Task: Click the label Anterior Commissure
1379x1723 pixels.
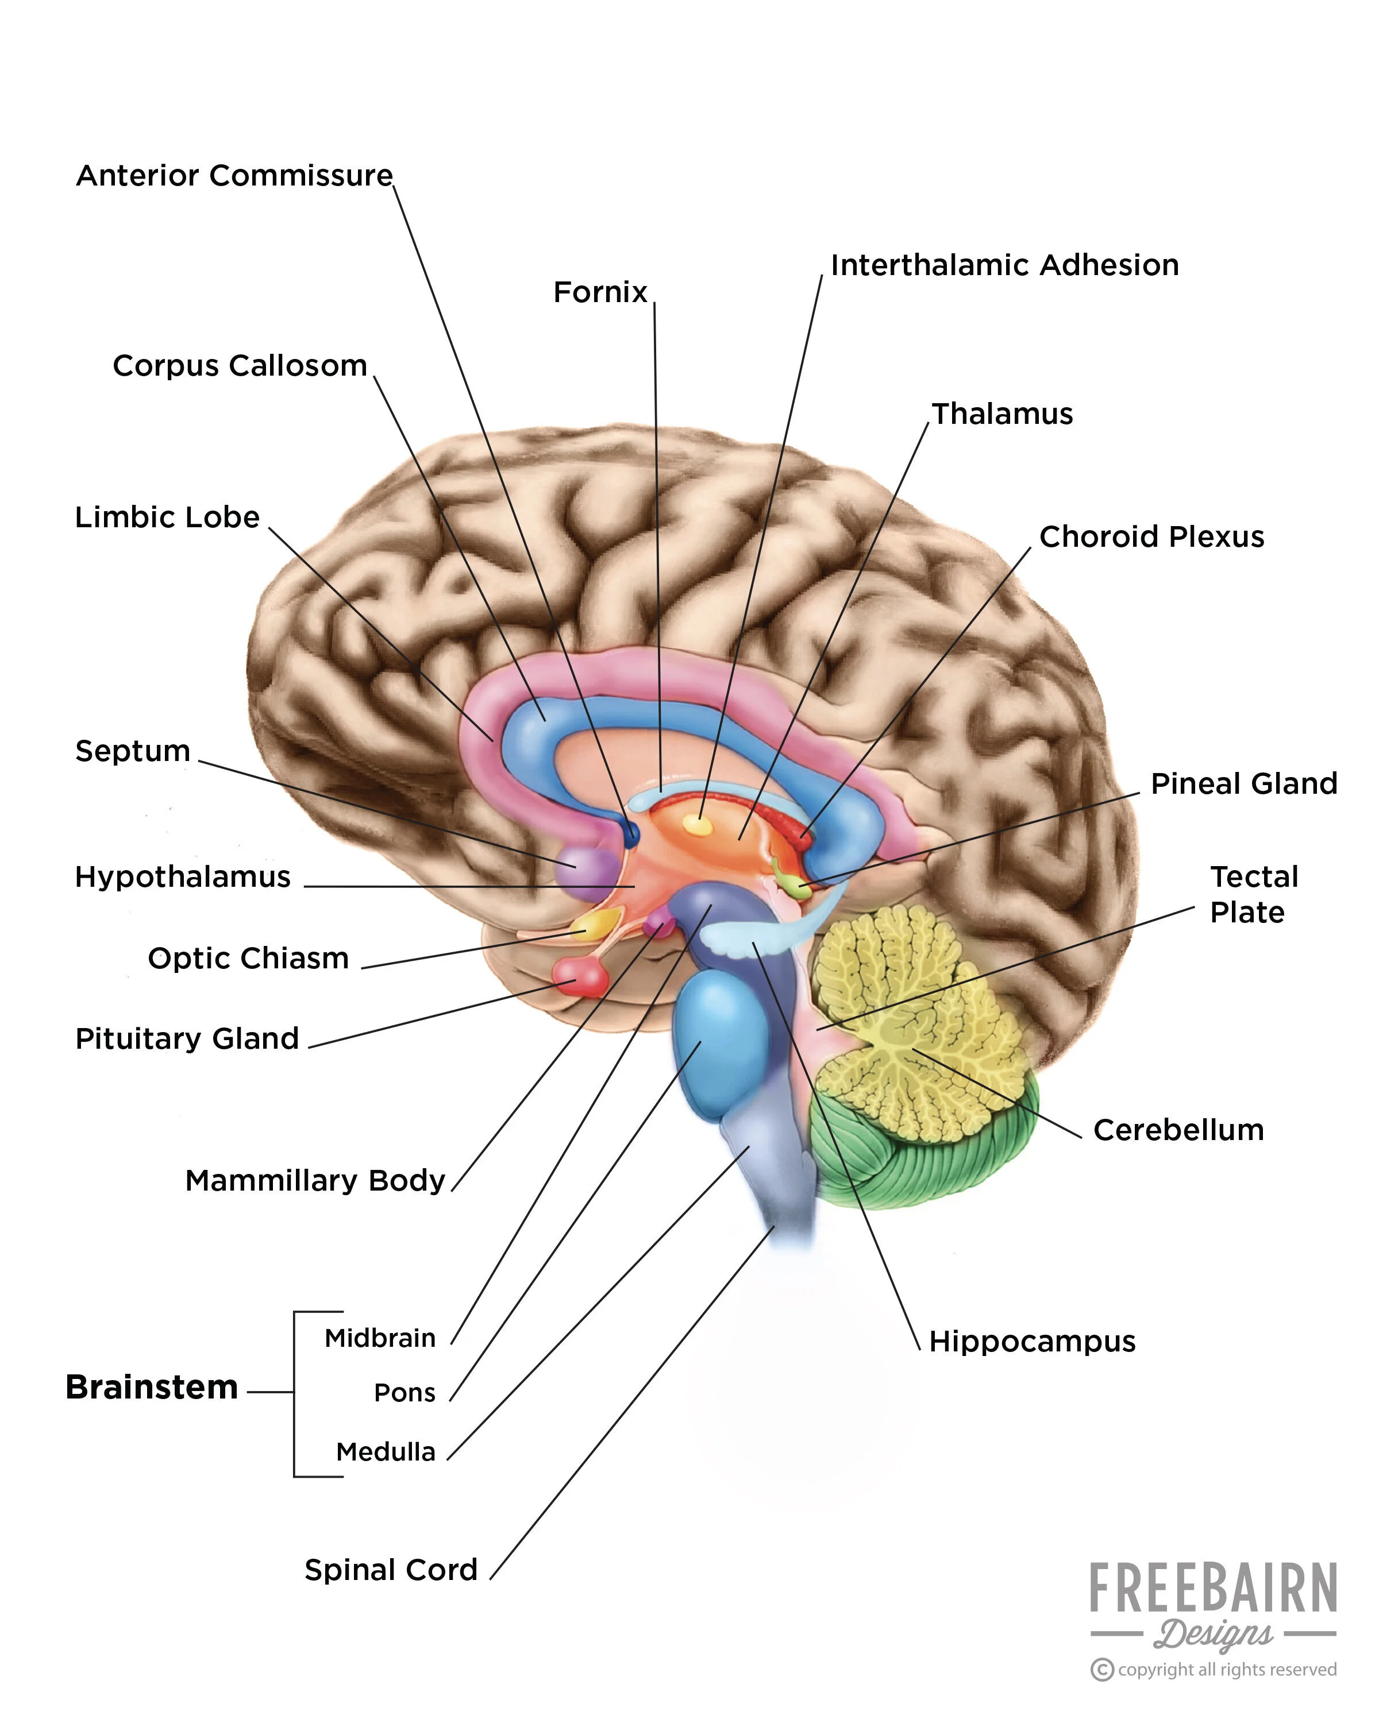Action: tap(234, 176)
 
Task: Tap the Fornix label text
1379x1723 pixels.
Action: tap(599, 292)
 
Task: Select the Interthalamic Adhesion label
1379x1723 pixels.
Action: tap(1004, 265)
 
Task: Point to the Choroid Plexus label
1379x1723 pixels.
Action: tap(1151, 537)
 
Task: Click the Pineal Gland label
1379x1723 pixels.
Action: tap(1243, 784)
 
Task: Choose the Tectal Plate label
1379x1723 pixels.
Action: tap(1253, 894)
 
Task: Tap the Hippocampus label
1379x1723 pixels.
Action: tap(1031, 1341)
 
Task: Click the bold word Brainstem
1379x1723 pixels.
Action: tap(152, 1388)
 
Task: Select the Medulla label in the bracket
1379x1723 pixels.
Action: tap(386, 1451)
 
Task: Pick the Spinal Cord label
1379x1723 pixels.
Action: tap(391, 1570)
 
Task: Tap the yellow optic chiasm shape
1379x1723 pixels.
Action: tap(592, 925)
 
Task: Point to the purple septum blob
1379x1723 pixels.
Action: tap(589, 866)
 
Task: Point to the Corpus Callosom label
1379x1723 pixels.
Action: tap(240, 366)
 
